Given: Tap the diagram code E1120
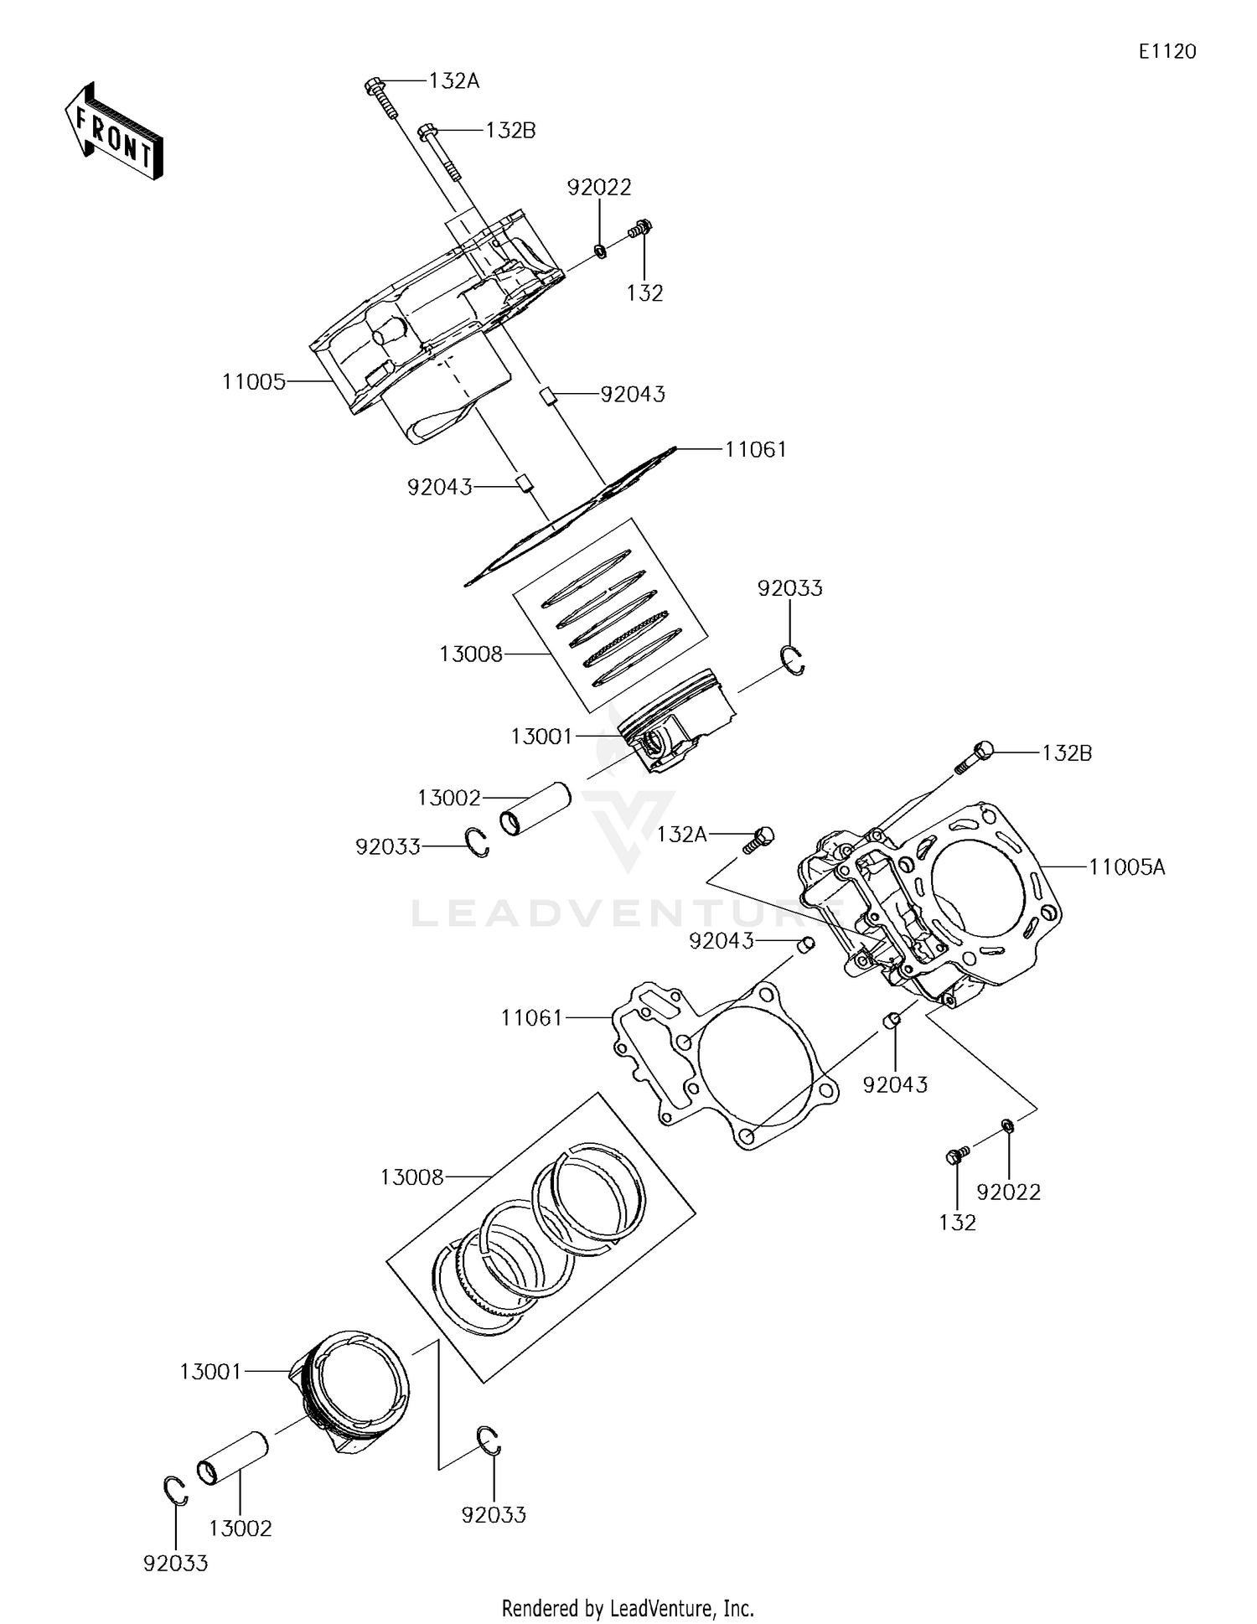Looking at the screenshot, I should pos(1166,52).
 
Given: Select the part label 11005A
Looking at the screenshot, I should pos(1126,867).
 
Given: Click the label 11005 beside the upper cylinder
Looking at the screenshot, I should pos(254,382).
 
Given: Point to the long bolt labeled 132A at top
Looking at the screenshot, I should pos(382,99).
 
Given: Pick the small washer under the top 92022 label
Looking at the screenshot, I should pos(600,250).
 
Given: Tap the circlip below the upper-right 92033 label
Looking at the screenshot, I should pos(793,659).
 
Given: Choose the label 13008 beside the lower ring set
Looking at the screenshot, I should pos(411,1177).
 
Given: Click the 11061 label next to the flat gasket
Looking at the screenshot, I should pos(531,1018).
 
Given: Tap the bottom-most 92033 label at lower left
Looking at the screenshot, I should pos(175,1564).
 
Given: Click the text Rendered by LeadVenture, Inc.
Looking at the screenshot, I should pos(628,1608).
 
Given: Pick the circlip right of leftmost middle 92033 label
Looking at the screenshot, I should pos(478,842).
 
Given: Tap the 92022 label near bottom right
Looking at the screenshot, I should pos(1008,1192).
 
